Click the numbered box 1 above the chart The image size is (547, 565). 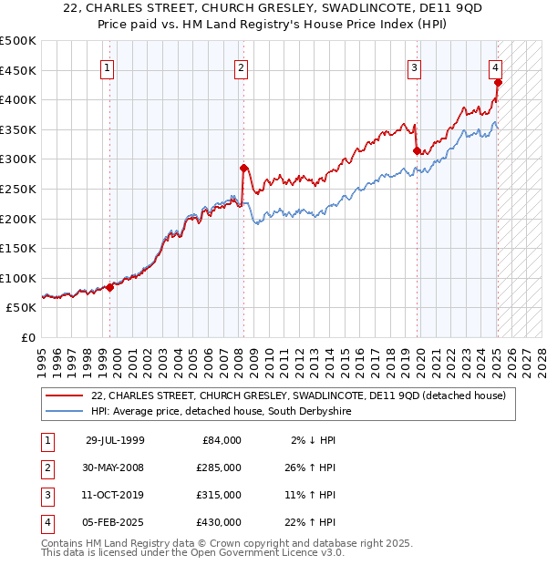[108, 67]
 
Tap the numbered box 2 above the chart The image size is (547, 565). [241, 67]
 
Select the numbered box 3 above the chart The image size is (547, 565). [414, 67]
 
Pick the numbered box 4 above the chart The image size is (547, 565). [494, 67]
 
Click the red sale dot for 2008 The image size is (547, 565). [243, 168]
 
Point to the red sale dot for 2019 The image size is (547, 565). [417, 150]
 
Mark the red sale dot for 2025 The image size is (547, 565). [498, 83]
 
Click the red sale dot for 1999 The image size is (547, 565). [110, 287]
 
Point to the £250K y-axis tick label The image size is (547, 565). [19, 189]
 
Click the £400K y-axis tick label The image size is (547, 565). [19, 100]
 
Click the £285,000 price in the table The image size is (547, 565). [219, 467]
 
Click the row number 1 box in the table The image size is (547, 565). [45, 440]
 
